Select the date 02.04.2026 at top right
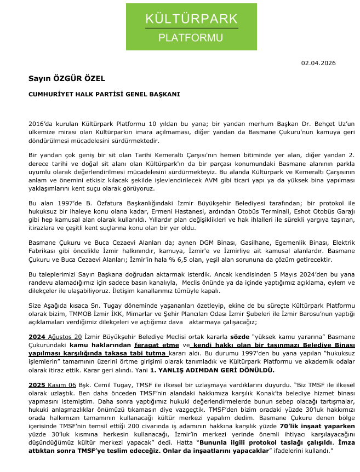[x=318, y=63]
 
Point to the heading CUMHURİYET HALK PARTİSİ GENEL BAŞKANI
[x=104, y=94]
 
